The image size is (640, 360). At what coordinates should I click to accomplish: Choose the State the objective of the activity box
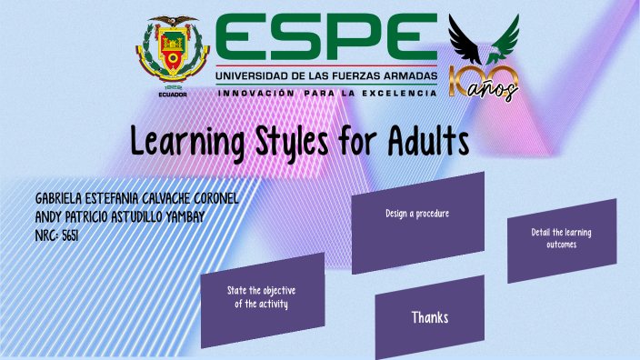pos(262,297)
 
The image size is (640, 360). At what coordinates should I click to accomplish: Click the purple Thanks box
pos(429,317)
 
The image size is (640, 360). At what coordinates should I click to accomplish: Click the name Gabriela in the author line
pos(64,199)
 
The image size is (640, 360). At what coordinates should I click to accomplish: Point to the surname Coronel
pos(212,199)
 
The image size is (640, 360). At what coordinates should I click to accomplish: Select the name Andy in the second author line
pos(49,217)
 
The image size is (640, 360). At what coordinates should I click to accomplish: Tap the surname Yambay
pos(205,217)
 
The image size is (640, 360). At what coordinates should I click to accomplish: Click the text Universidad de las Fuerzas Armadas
pos(325,75)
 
